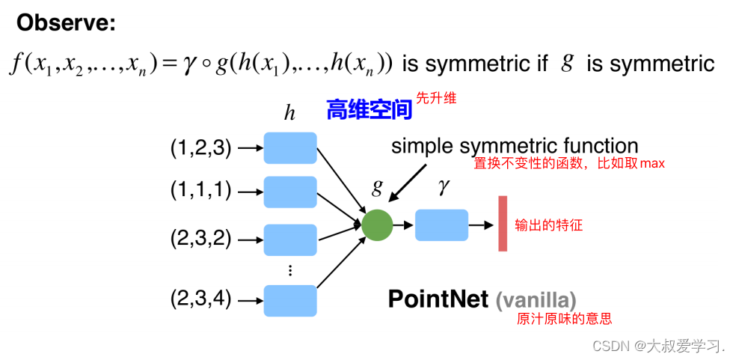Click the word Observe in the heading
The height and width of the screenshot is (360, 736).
click(x=66, y=24)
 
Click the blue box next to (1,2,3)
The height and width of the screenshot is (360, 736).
click(x=290, y=148)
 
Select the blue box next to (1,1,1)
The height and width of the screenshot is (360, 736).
click(x=290, y=192)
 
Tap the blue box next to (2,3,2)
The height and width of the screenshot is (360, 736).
click(x=290, y=240)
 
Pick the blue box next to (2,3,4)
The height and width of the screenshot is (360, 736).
click(x=290, y=300)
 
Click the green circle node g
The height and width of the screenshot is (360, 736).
click(x=377, y=224)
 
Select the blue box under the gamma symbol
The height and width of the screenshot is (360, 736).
click(x=441, y=225)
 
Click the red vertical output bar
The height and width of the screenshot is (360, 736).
click(x=503, y=223)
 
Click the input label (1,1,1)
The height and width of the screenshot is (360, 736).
click(x=200, y=192)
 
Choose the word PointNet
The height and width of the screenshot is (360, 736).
click(x=438, y=299)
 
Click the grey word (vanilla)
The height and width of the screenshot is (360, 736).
click(x=536, y=301)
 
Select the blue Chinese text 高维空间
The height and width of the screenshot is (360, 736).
click(x=369, y=111)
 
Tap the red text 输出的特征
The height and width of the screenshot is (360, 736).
click(x=548, y=225)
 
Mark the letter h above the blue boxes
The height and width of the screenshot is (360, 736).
click(x=289, y=113)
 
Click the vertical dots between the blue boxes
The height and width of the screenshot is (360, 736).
click(x=290, y=270)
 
